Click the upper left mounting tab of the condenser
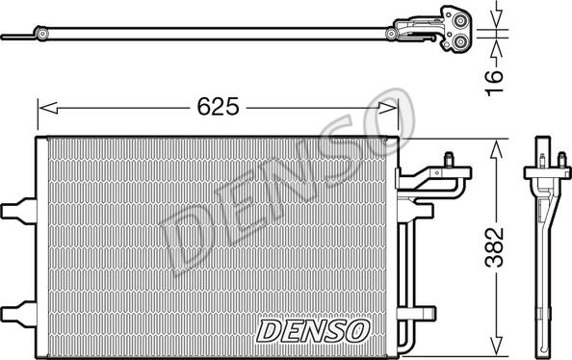pyautogui.click(x=16, y=209)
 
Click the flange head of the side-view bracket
pyautogui.click(x=546, y=175)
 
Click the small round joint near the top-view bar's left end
pyautogui.click(x=43, y=38)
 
